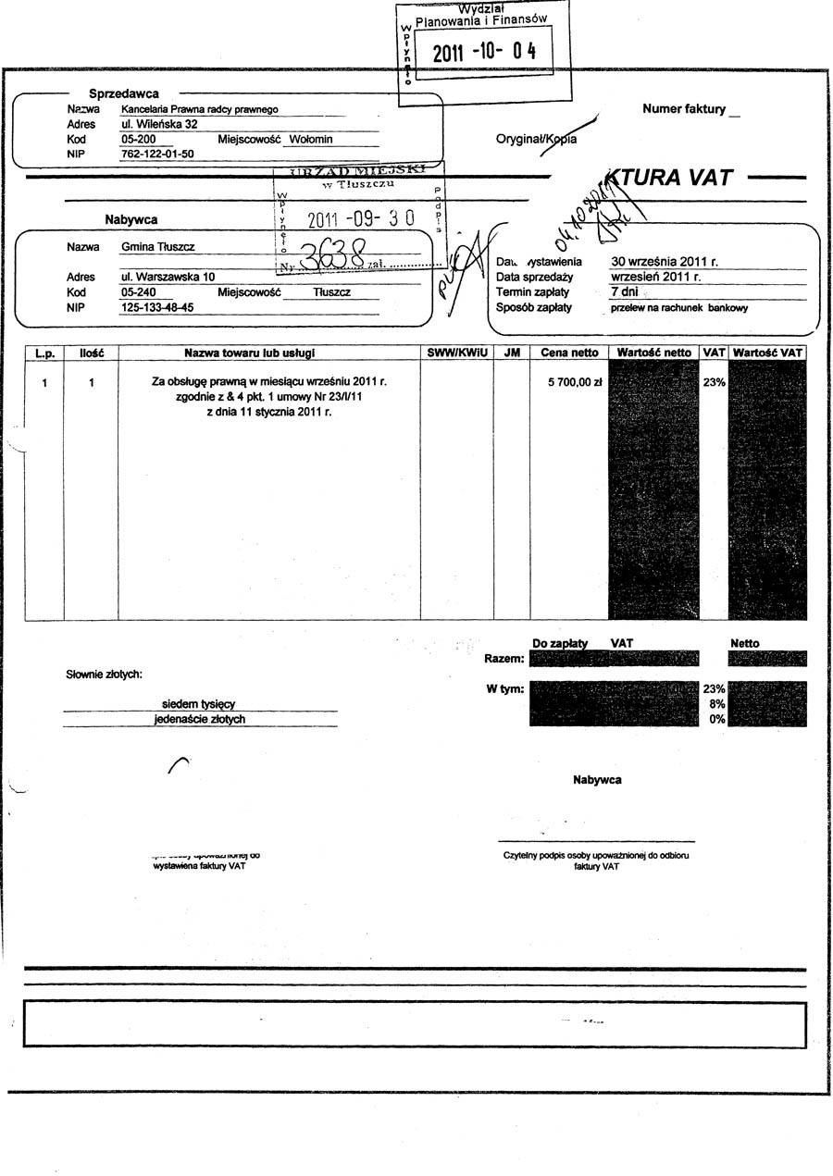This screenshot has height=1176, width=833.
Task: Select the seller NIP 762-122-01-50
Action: [157, 155]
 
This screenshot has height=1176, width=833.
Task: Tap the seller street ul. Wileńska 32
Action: [159, 124]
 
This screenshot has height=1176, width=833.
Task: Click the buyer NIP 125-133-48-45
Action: [157, 308]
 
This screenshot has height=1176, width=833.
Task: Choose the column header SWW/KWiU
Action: [456, 353]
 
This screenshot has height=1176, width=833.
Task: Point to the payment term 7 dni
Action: [627, 292]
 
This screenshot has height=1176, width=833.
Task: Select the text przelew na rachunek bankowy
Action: [678, 308]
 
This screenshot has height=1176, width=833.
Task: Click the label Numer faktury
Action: [684, 109]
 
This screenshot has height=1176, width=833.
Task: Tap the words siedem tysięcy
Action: [198, 704]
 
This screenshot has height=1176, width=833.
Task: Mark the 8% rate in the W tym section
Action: [715, 704]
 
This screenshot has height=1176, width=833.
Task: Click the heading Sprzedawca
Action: [124, 93]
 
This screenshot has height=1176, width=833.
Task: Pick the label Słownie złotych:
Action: [104, 674]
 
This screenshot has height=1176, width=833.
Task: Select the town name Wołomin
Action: [310, 140]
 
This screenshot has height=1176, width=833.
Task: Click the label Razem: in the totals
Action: [504, 659]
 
